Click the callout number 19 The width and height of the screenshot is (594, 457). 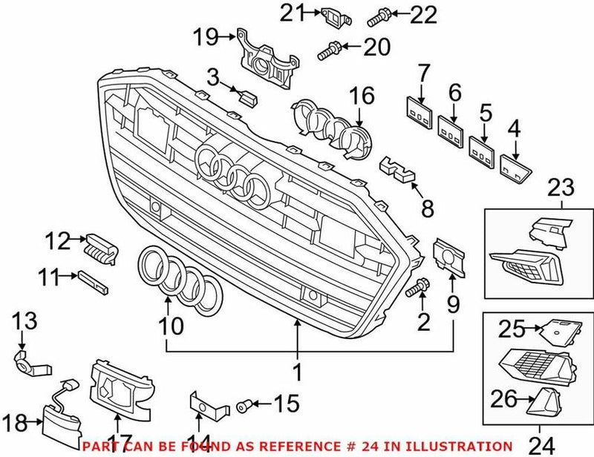(206, 34)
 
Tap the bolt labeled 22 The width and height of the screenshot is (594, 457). (376, 13)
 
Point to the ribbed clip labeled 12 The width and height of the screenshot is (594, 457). (101, 246)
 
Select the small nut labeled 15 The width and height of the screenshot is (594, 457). (242, 405)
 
